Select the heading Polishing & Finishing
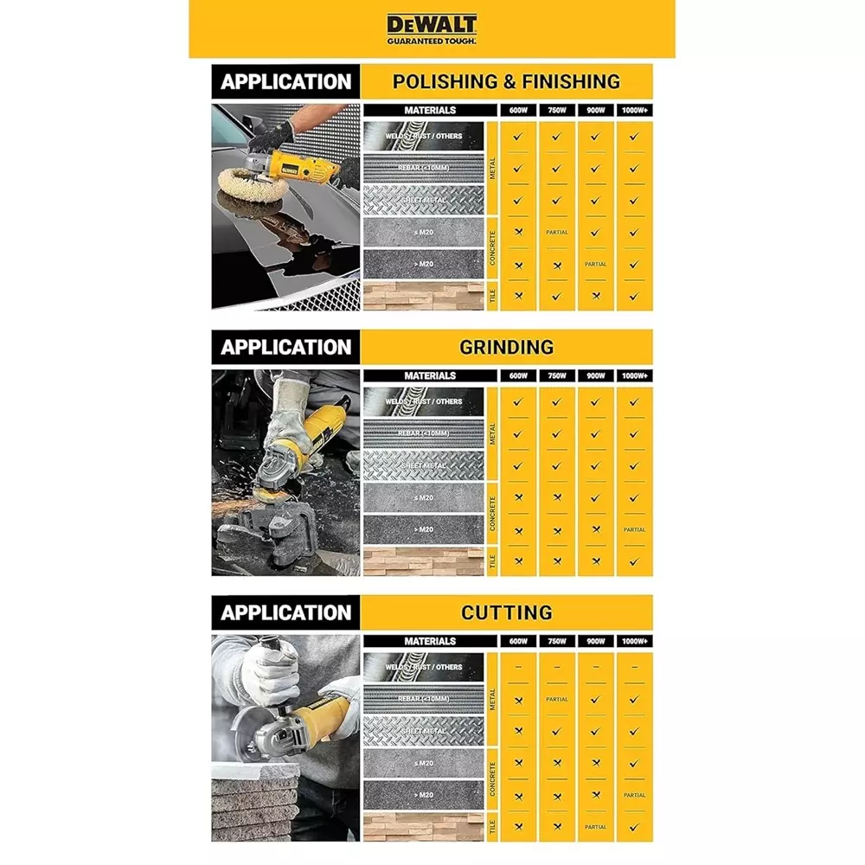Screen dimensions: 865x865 (x=506, y=82)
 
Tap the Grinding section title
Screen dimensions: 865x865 (x=506, y=348)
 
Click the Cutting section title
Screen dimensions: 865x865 (x=506, y=613)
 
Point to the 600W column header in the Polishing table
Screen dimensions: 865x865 (x=517, y=111)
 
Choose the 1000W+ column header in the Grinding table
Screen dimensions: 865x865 (x=634, y=376)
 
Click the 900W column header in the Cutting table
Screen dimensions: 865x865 (x=595, y=642)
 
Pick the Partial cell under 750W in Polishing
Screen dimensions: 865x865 (x=556, y=233)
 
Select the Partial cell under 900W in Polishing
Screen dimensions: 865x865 (x=595, y=265)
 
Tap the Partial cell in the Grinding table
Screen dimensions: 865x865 (x=634, y=530)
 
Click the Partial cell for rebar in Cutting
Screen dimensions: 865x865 (x=556, y=700)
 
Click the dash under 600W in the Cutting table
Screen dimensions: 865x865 (x=517, y=668)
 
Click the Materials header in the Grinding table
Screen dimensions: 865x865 (x=430, y=376)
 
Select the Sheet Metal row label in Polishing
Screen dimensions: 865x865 (x=424, y=200)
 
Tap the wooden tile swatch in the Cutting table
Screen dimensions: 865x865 (x=424, y=827)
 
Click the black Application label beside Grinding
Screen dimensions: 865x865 (x=285, y=348)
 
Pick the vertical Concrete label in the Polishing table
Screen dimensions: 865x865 (x=492, y=248)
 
